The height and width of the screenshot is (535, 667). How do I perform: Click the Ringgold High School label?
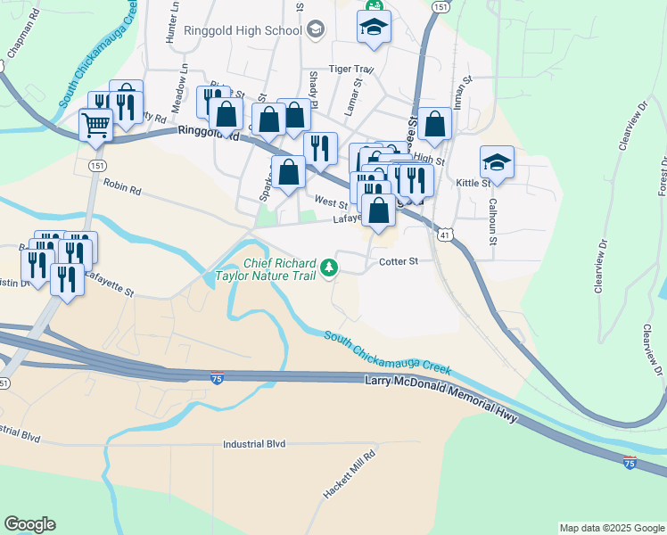243,30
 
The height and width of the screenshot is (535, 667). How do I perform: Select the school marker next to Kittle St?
497,163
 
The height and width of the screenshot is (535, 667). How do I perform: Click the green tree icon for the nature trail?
330,267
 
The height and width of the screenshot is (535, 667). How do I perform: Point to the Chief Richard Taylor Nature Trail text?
280,270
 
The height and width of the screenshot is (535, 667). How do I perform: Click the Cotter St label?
398,261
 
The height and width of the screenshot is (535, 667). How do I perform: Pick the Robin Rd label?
122,188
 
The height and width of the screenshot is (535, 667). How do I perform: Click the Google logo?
29,524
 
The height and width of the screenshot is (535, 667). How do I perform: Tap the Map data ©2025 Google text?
611,528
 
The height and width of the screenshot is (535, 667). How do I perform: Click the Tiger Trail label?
350,69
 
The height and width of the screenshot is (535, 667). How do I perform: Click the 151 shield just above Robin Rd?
95,166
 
